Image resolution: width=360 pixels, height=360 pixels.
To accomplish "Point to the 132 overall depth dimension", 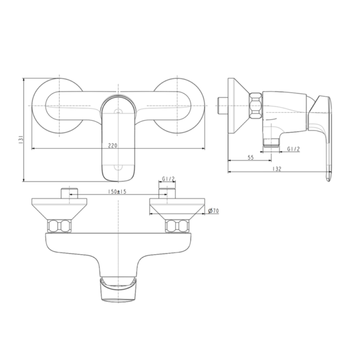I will (x=276, y=169).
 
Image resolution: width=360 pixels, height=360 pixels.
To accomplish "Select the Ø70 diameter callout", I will (x=212, y=210).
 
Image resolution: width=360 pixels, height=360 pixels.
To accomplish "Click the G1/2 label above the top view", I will (x=169, y=179).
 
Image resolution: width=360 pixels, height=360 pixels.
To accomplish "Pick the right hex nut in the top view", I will (x=175, y=227).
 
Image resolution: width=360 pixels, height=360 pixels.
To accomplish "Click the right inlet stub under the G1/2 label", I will (x=166, y=193).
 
